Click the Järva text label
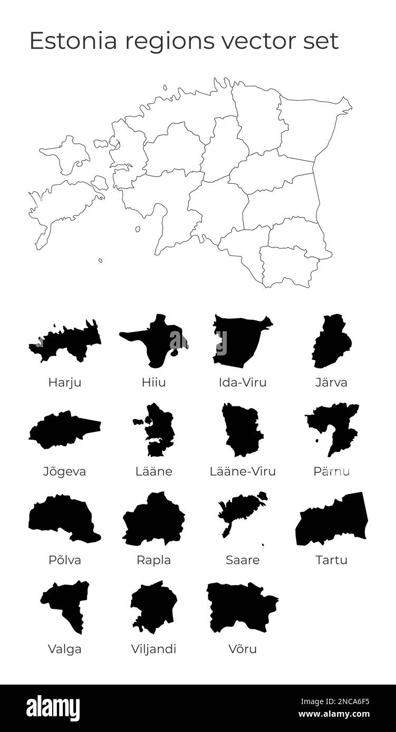(x=332, y=383)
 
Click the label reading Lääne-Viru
(x=243, y=471)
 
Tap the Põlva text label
(x=65, y=560)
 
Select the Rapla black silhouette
(x=153, y=519)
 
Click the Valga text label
(x=65, y=649)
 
